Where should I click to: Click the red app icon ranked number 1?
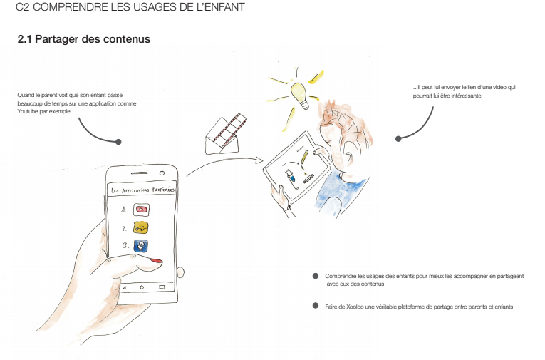[142, 210]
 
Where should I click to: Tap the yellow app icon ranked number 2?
[141, 228]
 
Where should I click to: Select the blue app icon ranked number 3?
[141, 246]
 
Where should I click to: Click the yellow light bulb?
[300, 96]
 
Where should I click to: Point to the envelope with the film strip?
[225, 134]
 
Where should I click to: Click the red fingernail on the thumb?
[156, 260]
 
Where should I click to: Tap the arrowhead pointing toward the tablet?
[259, 160]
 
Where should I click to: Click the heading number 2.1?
[24, 39]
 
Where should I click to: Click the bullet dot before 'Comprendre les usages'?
[316, 276]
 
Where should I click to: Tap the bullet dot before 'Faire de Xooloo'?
[316, 306]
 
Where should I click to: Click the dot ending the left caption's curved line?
[118, 142]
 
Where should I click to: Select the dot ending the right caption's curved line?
[398, 139]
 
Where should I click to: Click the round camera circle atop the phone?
[162, 173]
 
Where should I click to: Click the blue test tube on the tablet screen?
[290, 175]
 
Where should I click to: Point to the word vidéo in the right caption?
[500, 87]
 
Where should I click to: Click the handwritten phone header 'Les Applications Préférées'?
[143, 190]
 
